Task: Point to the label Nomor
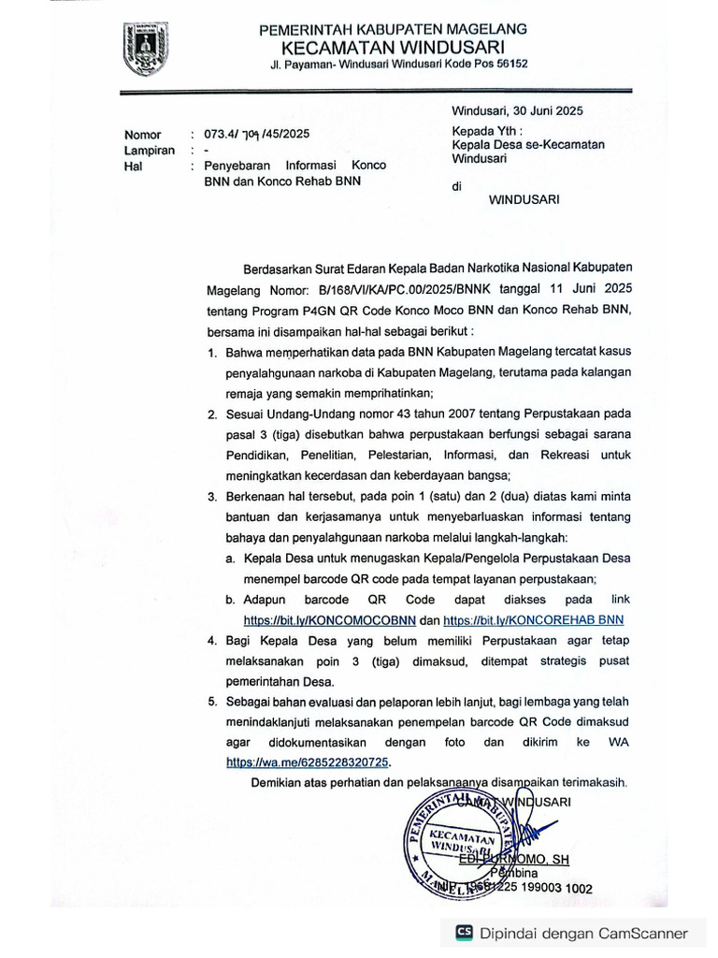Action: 143,135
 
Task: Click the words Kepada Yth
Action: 487,130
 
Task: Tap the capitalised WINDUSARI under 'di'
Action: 524,198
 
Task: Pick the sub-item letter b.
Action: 230,599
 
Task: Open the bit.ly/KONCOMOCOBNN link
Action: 329,620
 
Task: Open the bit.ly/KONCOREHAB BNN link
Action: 533,620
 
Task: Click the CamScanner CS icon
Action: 464,933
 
